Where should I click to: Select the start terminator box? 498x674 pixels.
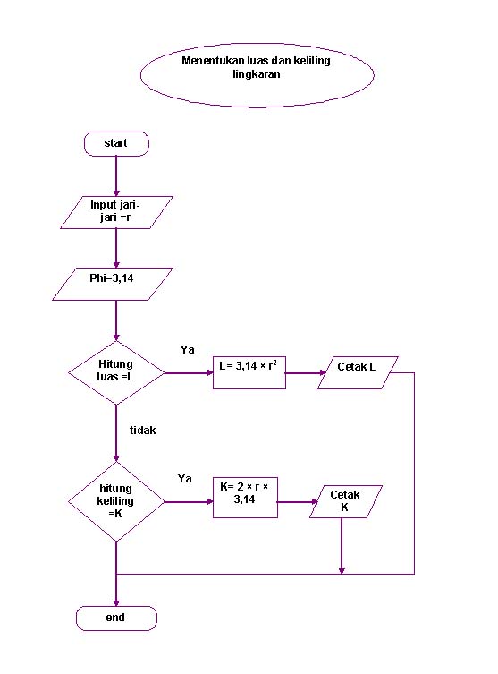(116, 143)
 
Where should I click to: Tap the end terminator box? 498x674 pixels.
(116, 618)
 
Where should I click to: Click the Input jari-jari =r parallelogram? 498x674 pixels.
(116, 211)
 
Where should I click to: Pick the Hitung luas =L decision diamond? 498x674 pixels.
(116, 371)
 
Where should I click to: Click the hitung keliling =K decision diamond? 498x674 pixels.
(116, 501)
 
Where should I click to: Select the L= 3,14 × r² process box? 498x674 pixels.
(249, 372)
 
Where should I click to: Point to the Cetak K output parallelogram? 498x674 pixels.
(345, 502)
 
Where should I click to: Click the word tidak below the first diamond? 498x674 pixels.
(143, 431)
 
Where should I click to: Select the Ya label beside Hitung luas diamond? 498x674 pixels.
(188, 350)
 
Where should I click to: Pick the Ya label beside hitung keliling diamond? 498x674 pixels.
(185, 479)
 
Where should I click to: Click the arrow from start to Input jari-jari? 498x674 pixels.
(116, 175)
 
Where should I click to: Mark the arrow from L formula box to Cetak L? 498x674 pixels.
(303, 373)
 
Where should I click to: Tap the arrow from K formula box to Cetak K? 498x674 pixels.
(295, 502)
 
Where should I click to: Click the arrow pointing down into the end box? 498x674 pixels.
(116, 591)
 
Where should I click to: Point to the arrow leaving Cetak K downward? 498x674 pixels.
(342, 546)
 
